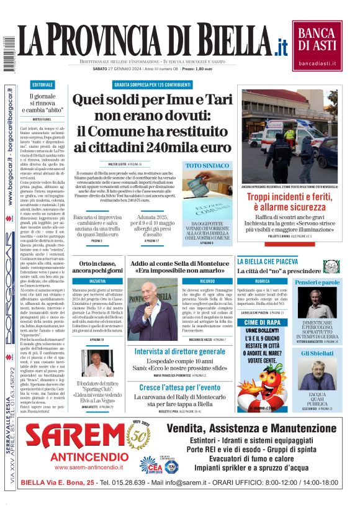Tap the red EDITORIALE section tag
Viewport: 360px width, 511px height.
(42, 84)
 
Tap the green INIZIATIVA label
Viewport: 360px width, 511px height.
(97, 281)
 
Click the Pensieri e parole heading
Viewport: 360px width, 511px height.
(317, 283)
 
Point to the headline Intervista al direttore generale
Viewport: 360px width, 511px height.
(180, 351)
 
